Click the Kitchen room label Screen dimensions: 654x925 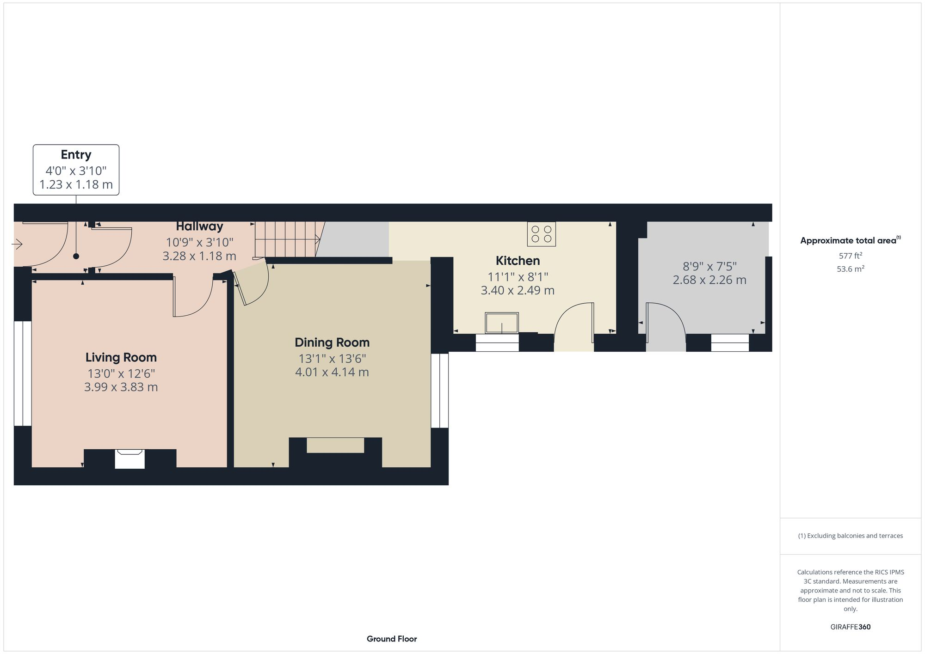coord(518,261)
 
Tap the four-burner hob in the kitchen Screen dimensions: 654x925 coord(541,234)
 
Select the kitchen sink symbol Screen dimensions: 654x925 coord(502,322)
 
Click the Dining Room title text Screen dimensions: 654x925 coord(332,342)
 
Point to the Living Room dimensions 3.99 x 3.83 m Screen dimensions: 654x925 coord(121,387)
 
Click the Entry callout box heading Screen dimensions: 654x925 coord(76,154)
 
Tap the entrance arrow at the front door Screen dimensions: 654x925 coord(18,244)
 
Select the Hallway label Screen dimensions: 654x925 coord(199,226)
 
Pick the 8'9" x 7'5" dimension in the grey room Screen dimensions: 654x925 coord(709,266)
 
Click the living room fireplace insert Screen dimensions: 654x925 coord(130,459)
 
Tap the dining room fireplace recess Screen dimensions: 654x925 coord(335,446)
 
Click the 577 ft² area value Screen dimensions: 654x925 coord(850,256)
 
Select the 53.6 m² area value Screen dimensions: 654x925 coord(850,269)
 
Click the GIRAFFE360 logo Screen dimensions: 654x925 coord(850,627)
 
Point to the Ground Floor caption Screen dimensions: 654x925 coord(392,639)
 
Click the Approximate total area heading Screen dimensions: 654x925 coord(849,240)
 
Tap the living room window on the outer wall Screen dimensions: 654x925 coord(23,373)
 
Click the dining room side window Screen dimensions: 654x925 coord(440,391)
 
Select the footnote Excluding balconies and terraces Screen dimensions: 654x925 coord(850,536)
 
